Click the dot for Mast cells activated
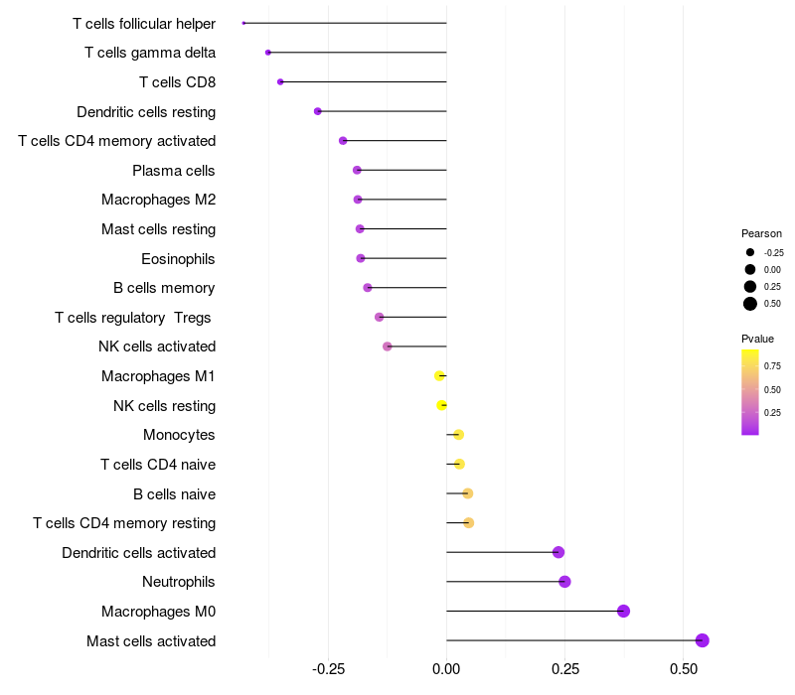click(703, 640)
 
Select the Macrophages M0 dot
click(624, 611)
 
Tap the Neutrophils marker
click(564, 582)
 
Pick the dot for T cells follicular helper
click(243, 23)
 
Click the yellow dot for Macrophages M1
click(439, 375)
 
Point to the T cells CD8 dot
click(280, 81)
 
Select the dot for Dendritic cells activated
click(558, 552)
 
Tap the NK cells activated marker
click(388, 347)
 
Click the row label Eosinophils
click(178, 259)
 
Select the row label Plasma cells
click(174, 171)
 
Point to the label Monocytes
click(179, 435)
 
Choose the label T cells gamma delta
click(150, 53)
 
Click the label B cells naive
click(174, 493)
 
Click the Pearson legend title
click(761, 233)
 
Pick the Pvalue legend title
click(758, 339)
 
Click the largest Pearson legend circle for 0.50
click(750, 304)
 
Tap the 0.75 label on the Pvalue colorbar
click(772, 365)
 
